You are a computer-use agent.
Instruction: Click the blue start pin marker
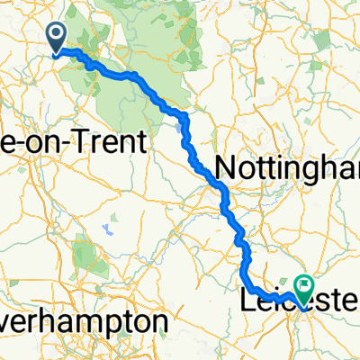(x=56, y=36)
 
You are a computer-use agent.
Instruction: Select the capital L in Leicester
(x=249, y=301)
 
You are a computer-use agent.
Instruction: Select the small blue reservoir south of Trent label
(x=108, y=227)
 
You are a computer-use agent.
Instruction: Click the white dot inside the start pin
(x=56, y=34)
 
